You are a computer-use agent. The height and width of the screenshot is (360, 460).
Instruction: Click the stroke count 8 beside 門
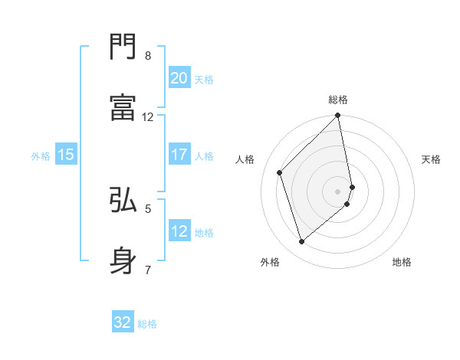click(x=148, y=56)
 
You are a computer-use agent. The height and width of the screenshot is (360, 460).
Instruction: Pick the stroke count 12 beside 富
click(x=148, y=117)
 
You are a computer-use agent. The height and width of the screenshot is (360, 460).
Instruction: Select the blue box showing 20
click(x=179, y=78)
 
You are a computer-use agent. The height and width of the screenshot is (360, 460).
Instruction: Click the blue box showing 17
click(x=179, y=155)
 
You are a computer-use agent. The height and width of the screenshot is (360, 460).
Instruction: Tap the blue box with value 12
click(x=179, y=231)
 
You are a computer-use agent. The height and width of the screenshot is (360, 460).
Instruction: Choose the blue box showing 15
click(x=66, y=155)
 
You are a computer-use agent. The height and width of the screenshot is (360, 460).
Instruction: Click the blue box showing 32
click(x=123, y=322)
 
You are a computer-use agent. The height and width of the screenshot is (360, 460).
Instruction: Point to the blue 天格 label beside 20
click(x=204, y=80)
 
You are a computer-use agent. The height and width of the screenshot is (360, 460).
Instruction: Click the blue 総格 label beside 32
click(x=147, y=324)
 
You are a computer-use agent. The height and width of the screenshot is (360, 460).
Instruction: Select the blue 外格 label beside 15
click(x=41, y=156)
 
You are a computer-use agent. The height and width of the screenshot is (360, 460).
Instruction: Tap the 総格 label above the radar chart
click(x=338, y=100)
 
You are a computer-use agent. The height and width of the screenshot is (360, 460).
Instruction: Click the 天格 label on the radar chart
click(x=432, y=159)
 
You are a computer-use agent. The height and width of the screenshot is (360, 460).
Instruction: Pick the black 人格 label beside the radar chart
click(x=245, y=159)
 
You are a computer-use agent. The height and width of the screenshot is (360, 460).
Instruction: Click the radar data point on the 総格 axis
click(x=338, y=116)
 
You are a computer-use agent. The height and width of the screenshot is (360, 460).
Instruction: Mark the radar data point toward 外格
click(x=301, y=242)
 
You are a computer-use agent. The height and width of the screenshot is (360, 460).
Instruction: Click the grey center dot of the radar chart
click(x=338, y=191)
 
